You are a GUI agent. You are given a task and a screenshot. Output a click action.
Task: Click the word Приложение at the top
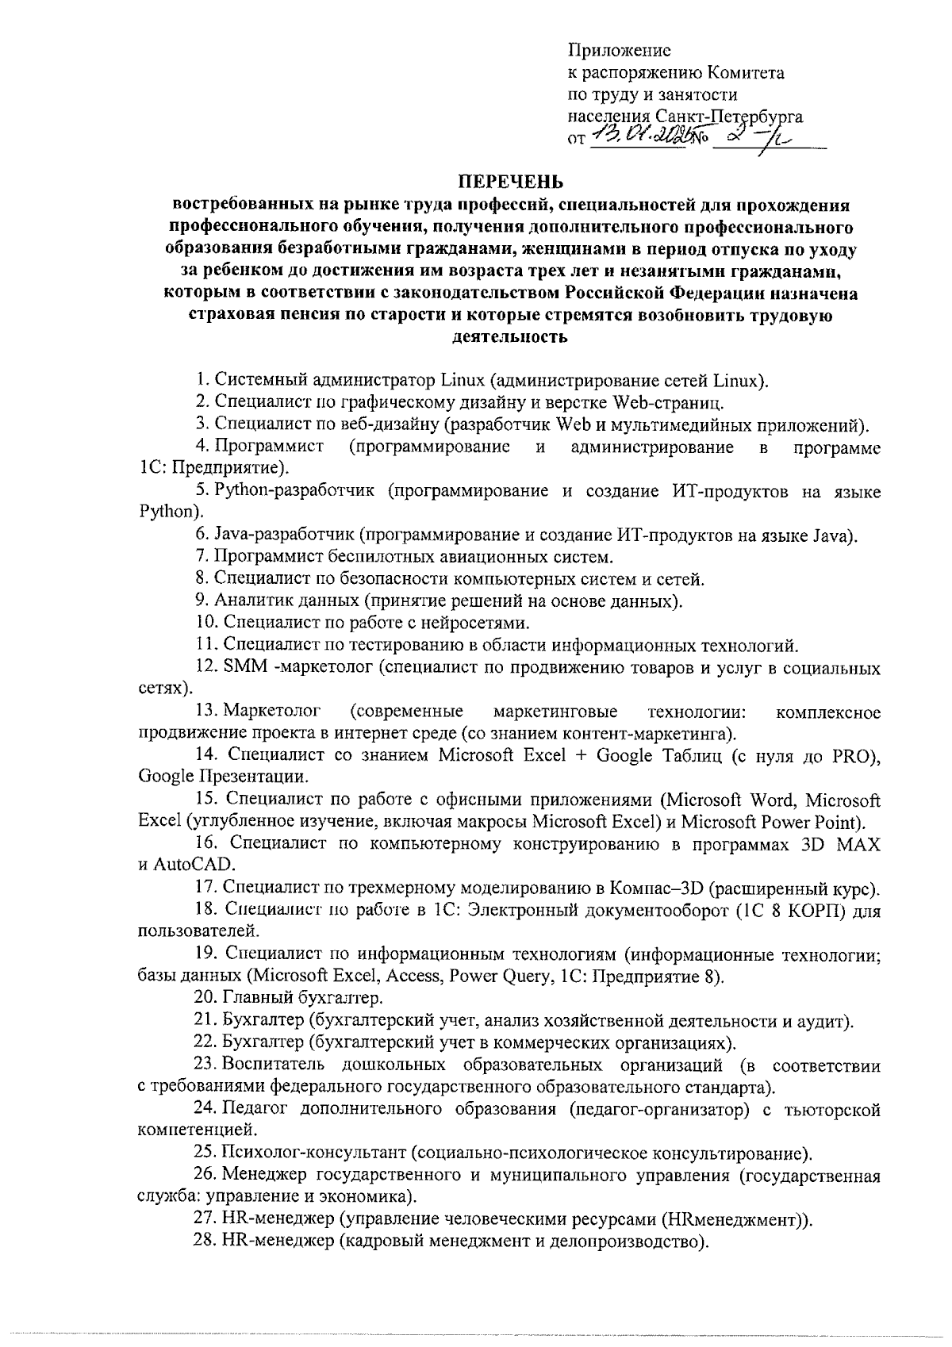coord(620,51)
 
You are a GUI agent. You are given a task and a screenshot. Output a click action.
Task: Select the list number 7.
coord(202,556)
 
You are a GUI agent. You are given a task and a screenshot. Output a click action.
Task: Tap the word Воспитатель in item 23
coord(277,1065)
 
